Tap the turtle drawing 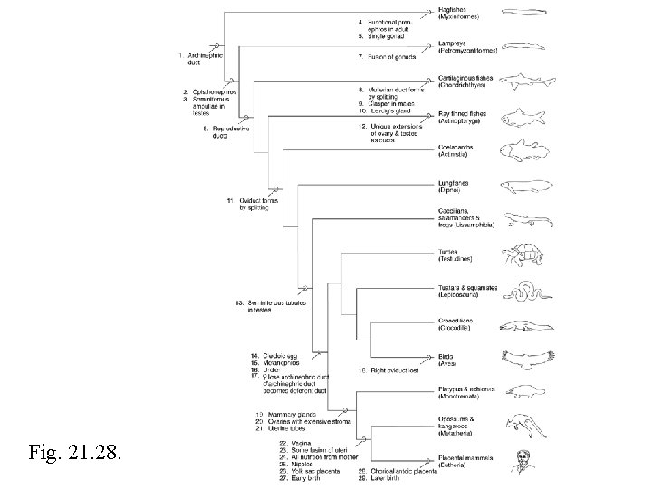click(x=523, y=257)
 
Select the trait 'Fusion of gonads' click(x=388, y=57)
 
